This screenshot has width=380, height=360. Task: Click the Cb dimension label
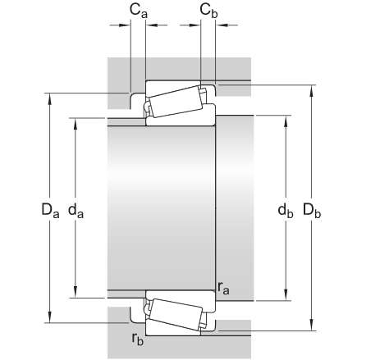pyautogui.click(x=208, y=10)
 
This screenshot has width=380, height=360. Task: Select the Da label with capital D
pyautogui.click(x=51, y=211)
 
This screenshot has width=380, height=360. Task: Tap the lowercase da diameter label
pyautogui.click(x=77, y=211)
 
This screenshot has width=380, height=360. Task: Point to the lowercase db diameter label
pyautogui.click(x=285, y=211)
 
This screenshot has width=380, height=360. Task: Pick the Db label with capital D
pyautogui.click(x=311, y=211)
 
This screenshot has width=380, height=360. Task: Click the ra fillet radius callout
pyautogui.click(x=223, y=286)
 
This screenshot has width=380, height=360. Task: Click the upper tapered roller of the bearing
pyautogui.click(x=175, y=102)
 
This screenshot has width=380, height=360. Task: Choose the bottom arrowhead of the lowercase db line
pyautogui.click(x=285, y=293)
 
